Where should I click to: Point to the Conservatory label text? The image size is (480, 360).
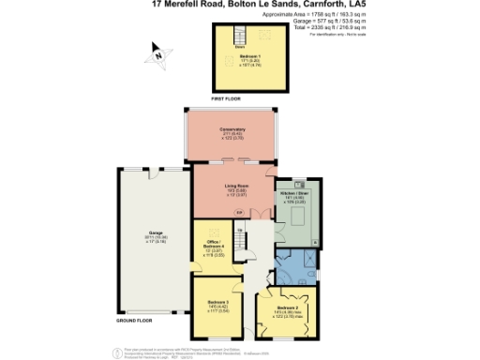click(x=232, y=131)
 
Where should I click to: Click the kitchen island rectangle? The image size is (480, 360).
click(x=302, y=222)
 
